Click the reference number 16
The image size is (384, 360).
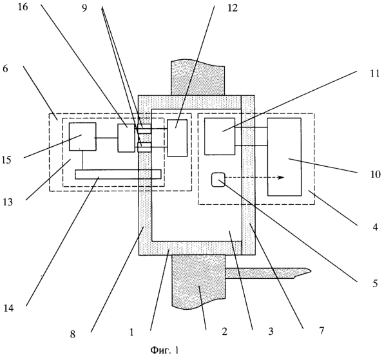pyautogui.click(x=23, y=7)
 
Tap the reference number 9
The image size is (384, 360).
pyautogui.click(x=84, y=8)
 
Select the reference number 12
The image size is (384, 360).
pyautogui.click(x=233, y=8)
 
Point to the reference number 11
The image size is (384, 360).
pyautogui.click(x=374, y=73)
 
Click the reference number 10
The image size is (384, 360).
pyautogui.click(x=375, y=175)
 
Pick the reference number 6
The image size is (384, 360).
pyautogui.click(x=5, y=68)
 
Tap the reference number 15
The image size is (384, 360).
pyautogui.click(x=6, y=160)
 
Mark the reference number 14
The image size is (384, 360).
pyautogui.click(x=8, y=308)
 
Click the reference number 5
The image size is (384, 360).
pyautogui.click(x=375, y=283)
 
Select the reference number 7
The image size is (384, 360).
pyautogui.click(x=321, y=331)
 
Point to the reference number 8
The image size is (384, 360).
pyautogui.click(x=73, y=334)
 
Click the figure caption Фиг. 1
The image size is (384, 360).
pyautogui.click(x=164, y=350)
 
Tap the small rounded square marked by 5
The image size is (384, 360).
pyautogui.click(x=218, y=180)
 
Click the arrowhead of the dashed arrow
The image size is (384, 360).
pyautogui.click(x=282, y=178)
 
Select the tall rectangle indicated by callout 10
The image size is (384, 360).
pyautogui.click(x=284, y=157)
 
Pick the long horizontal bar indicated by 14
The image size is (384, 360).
pyautogui.click(x=118, y=174)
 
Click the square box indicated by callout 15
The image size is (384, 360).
pyautogui.click(x=82, y=137)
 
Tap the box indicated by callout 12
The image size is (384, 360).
pyautogui.click(x=177, y=138)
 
